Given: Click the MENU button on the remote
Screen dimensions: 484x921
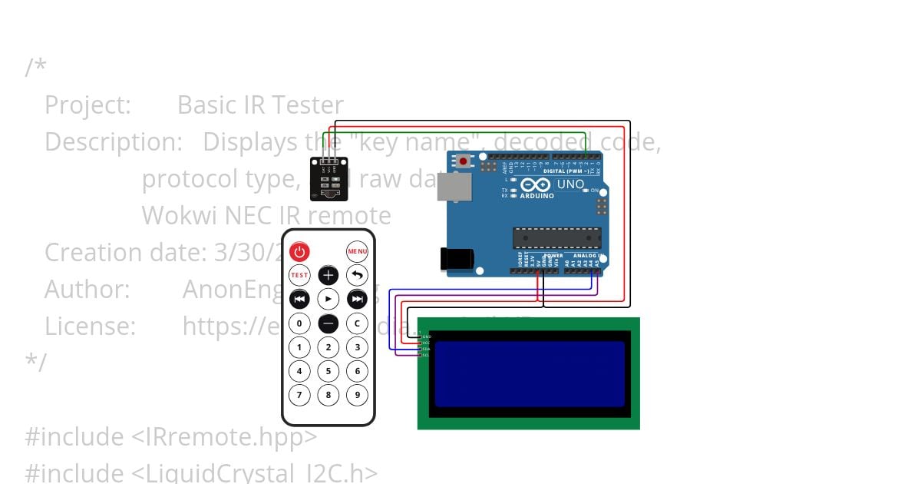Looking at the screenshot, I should tap(357, 251).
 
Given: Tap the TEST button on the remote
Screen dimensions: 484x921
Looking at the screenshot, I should tap(299, 275).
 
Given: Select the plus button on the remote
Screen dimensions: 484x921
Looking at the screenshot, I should tap(328, 275).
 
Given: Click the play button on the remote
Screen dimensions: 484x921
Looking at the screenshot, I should tap(328, 299).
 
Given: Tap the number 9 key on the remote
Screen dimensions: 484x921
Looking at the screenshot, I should tap(357, 396).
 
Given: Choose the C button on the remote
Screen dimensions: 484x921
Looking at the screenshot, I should tap(357, 323).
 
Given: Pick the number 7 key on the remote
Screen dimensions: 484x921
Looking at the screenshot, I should tap(299, 396).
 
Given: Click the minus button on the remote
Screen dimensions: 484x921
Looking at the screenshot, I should tap(328, 323).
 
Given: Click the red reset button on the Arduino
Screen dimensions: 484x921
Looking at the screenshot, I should tap(464, 161).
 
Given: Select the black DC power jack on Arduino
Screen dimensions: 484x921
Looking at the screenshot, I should tap(455, 259).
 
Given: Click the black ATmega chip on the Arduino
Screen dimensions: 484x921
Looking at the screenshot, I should tap(556, 238).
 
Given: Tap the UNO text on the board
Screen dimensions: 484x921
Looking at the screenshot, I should tap(570, 185).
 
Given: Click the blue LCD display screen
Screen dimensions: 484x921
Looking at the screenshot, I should tap(530, 373).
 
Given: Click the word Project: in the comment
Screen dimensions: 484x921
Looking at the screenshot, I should tap(87, 105).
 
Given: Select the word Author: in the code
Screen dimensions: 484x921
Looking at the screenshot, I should tap(87, 290).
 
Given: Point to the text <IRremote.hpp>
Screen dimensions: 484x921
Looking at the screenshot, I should tap(223, 437).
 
